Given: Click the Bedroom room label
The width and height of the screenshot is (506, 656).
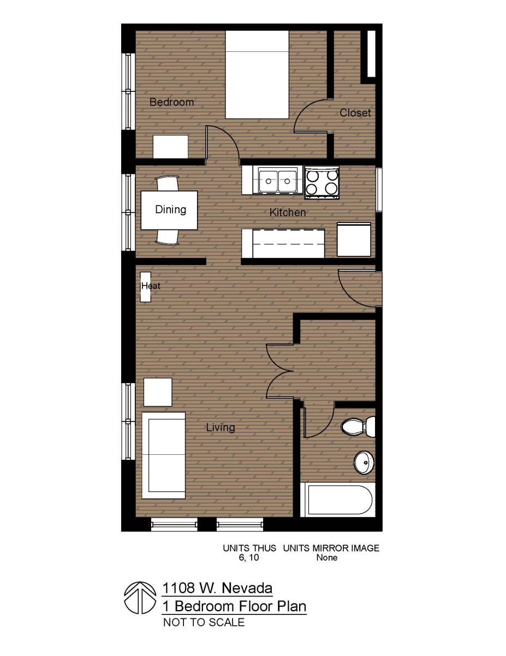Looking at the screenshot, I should click(x=171, y=102).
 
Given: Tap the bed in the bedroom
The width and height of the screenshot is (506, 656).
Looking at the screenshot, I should click(x=257, y=74).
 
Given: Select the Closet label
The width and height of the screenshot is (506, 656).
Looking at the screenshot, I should click(x=355, y=113).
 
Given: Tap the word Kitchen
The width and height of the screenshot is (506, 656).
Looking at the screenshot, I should click(x=288, y=212).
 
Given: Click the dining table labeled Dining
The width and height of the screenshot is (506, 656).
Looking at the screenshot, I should click(x=170, y=209).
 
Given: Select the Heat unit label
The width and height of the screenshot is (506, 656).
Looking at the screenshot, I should click(x=150, y=286).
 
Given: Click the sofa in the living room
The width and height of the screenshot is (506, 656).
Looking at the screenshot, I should click(x=164, y=455).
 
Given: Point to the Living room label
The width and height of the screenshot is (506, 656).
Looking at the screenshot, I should click(x=221, y=427).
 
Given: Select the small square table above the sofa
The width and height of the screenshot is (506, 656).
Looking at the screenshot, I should click(x=158, y=392).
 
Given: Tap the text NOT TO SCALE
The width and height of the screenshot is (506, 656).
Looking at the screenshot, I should click(x=204, y=622).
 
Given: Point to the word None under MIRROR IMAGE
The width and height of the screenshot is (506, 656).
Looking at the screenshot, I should click(x=327, y=558).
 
